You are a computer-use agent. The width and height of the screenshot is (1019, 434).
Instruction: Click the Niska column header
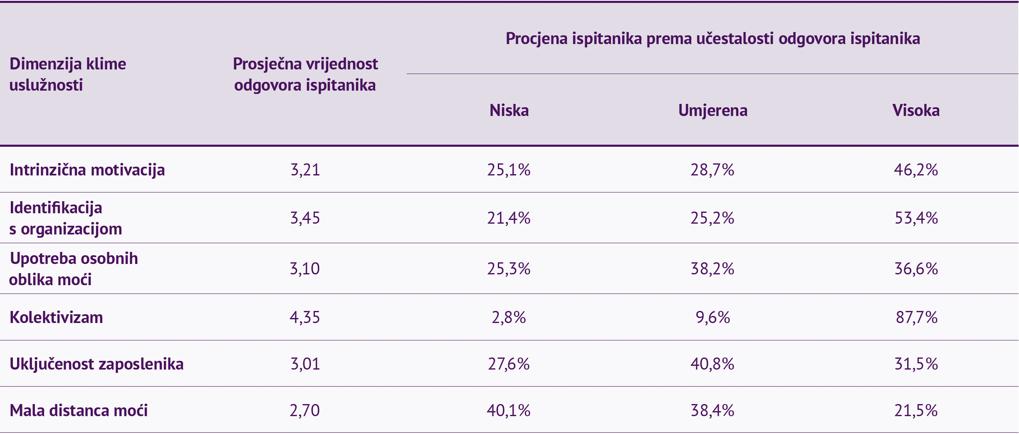[509, 111]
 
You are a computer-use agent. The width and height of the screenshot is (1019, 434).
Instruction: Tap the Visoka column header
[916, 111]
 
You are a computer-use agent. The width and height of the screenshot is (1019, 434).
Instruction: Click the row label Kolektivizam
[56, 318]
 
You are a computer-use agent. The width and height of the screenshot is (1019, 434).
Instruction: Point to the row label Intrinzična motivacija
[87, 170]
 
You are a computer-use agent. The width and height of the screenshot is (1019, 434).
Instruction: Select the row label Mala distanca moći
[79, 411]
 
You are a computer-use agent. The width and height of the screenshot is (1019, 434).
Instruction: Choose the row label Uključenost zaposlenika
[96, 364]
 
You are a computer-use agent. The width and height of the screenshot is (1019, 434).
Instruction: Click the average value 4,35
[305, 318]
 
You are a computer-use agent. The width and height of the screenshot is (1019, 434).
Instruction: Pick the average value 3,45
[305, 218]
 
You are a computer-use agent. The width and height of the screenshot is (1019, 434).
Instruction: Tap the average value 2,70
[305, 411]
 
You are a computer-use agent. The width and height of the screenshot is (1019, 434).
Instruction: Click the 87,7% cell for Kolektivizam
[917, 318]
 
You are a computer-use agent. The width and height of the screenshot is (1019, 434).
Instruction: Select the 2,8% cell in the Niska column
[509, 318]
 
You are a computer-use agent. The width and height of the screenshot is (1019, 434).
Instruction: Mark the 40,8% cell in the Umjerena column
[712, 364]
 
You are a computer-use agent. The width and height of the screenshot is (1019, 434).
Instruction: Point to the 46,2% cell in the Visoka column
[916, 170]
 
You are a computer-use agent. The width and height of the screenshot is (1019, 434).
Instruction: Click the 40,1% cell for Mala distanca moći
[509, 411]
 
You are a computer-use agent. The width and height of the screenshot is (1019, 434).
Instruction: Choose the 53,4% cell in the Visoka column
[917, 218]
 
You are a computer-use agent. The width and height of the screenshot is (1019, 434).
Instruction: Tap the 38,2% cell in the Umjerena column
[712, 269]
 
